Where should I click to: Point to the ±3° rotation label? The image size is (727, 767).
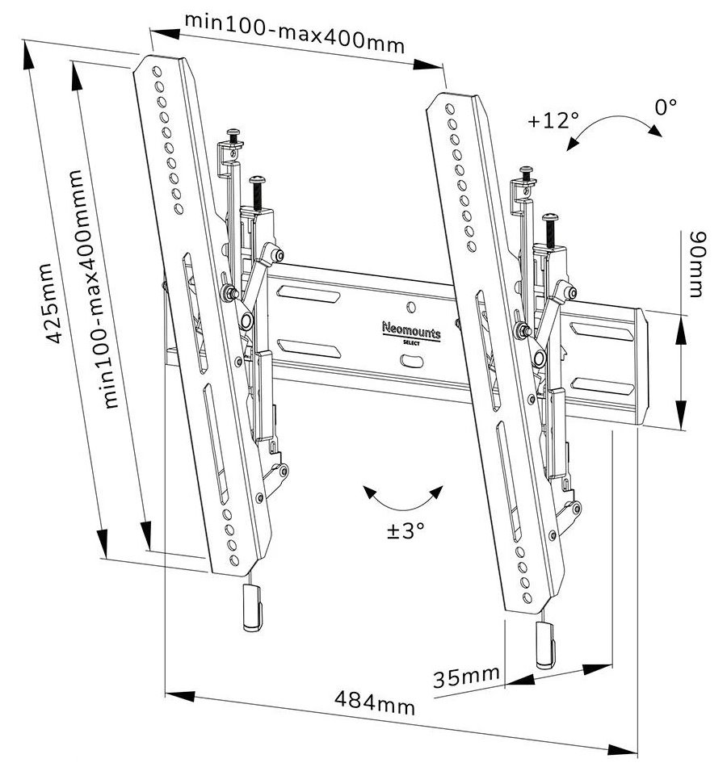pyautogui.click(x=405, y=530)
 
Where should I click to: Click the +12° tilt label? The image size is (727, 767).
pyautogui.click(x=553, y=121)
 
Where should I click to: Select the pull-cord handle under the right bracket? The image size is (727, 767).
pyautogui.click(x=547, y=646)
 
